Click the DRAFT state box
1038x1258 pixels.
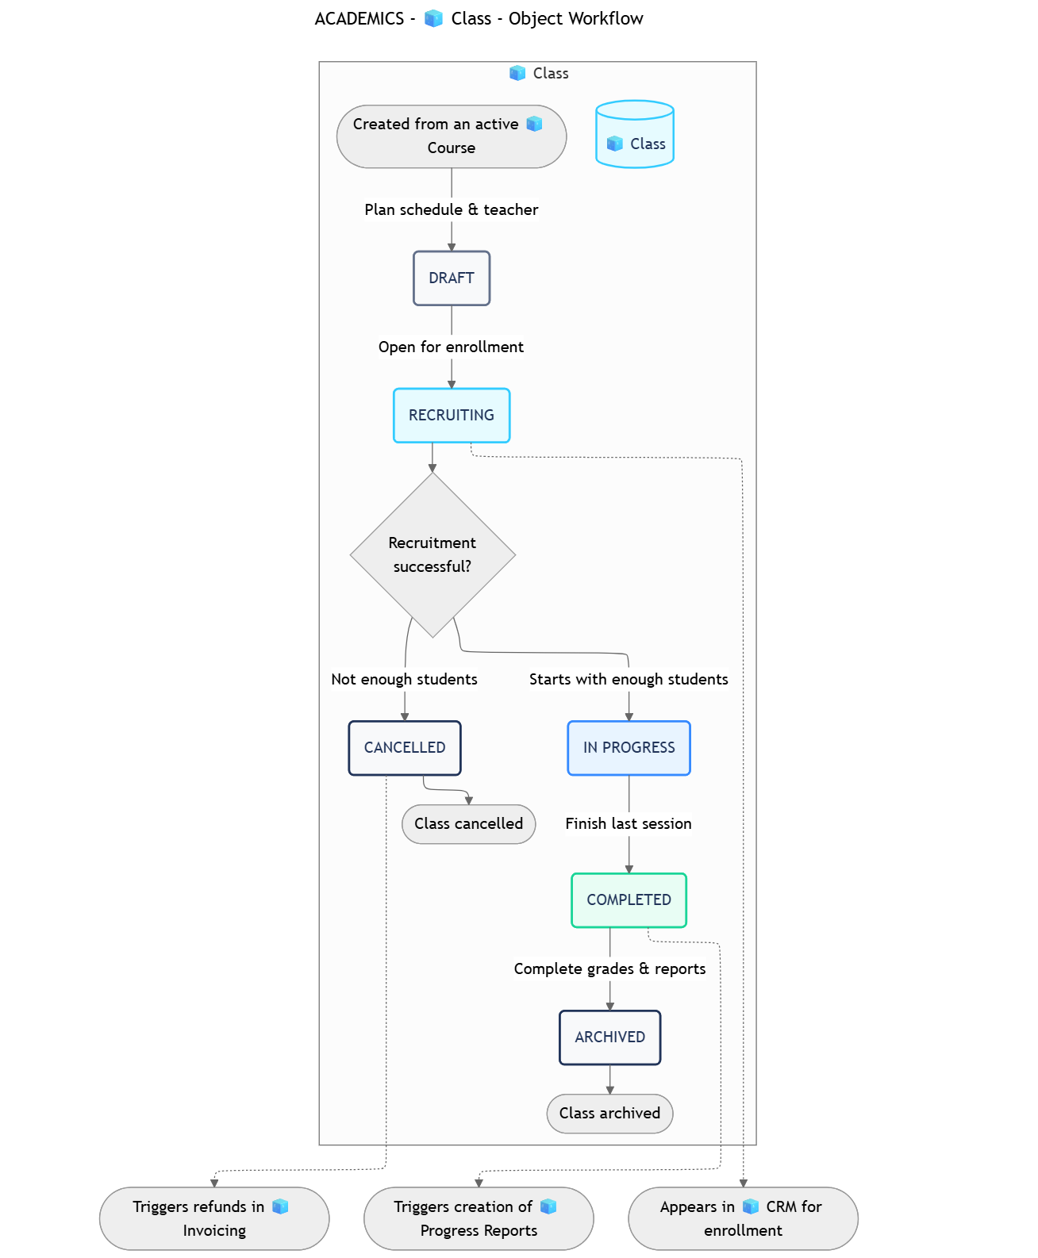tap(451, 278)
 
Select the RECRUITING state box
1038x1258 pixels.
tap(451, 416)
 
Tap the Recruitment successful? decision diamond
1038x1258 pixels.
tap(432, 554)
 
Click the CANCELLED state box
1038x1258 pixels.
tap(404, 748)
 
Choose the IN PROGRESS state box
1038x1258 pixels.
tap(629, 748)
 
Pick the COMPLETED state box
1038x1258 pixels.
tap(629, 900)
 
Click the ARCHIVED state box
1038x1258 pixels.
tap(609, 1037)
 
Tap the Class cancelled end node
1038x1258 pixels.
tap(468, 824)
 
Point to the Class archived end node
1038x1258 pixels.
tap(609, 1114)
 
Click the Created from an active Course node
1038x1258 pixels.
tap(451, 136)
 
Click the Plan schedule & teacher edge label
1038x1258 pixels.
tap(451, 210)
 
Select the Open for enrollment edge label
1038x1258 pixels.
tap(451, 347)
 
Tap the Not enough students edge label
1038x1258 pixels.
tap(404, 680)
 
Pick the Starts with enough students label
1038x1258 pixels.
tap(629, 680)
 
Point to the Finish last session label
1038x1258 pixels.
tap(629, 824)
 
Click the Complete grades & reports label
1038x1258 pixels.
tap(609, 969)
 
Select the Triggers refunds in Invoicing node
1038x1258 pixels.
tap(213, 1218)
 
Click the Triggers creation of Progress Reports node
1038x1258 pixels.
tap(479, 1218)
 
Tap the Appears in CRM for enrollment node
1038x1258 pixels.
tap(743, 1218)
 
